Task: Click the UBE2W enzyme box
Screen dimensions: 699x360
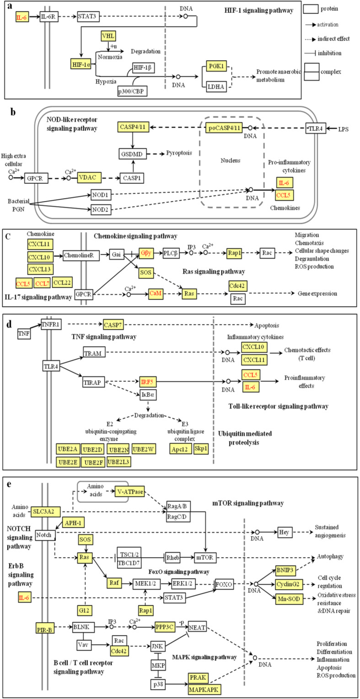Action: coord(144,450)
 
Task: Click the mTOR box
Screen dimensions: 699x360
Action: coord(204,557)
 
